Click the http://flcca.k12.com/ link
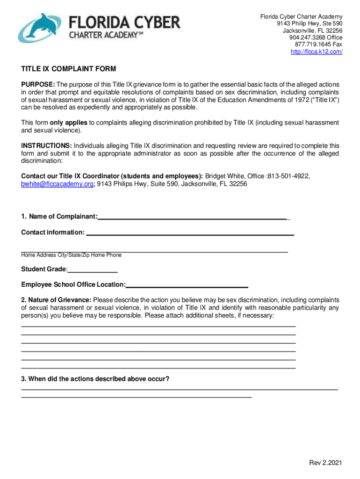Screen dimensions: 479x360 click(x=317, y=51)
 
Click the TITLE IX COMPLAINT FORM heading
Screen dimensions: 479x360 click(x=69, y=69)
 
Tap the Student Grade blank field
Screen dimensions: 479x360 click(x=93, y=270)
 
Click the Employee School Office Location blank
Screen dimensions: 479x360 click(x=187, y=285)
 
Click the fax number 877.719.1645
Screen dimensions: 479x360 click(x=313, y=44)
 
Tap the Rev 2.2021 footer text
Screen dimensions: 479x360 click(x=325, y=464)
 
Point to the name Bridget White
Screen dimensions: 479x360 click(x=226, y=176)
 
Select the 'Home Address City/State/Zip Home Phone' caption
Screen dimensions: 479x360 click(x=71, y=255)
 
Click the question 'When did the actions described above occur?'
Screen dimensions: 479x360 click(x=95, y=379)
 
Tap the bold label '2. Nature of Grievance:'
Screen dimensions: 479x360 click(x=57, y=300)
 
